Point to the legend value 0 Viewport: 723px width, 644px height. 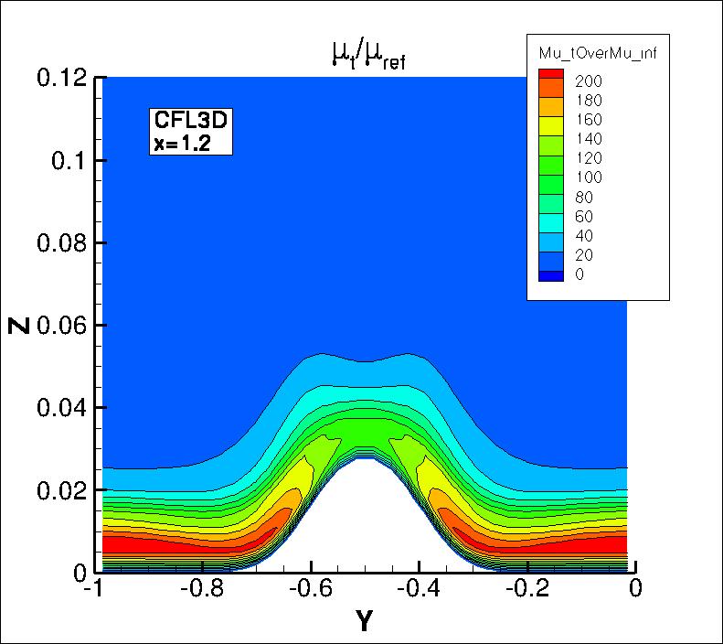click(x=579, y=274)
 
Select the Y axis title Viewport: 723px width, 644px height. click(x=364, y=622)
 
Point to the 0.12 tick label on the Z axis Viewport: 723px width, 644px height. click(x=62, y=79)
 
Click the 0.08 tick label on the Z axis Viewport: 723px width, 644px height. click(x=62, y=243)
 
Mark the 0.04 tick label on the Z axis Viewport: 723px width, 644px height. click(x=62, y=408)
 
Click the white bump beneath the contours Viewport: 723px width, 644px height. click(x=366, y=521)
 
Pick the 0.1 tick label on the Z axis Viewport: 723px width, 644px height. click(x=68, y=161)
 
